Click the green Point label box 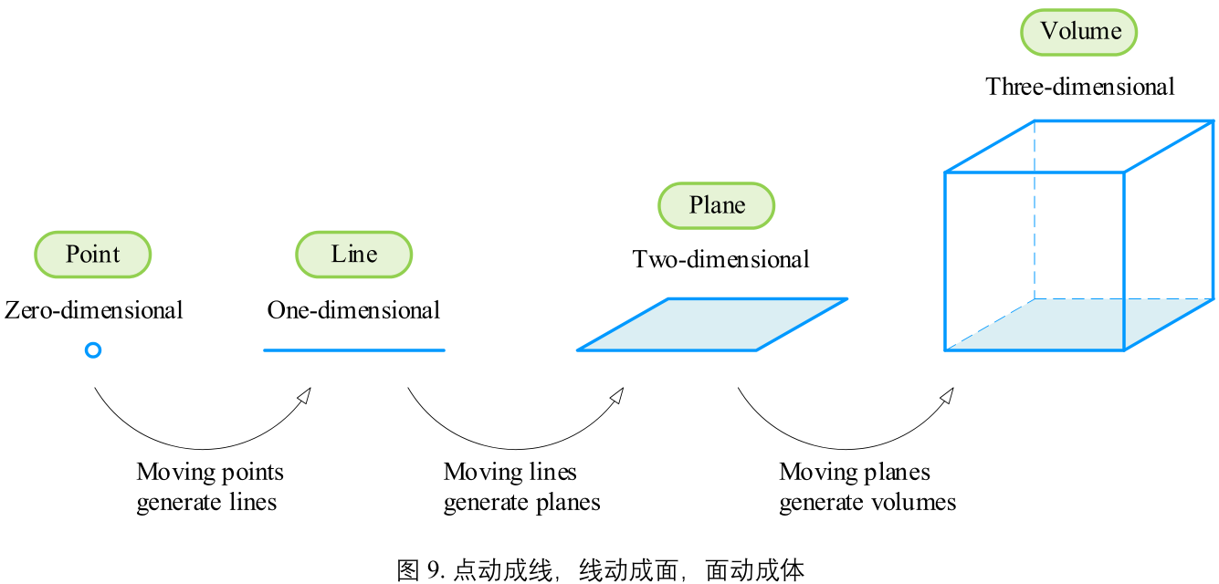click(x=92, y=254)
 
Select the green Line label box click(x=353, y=254)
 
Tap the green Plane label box click(x=717, y=205)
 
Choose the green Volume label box click(x=1078, y=32)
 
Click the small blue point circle click(x=92, y=349)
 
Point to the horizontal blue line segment click(x=353, y=349)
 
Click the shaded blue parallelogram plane click(x=712, y=324)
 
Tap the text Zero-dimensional click(x=94, y=310)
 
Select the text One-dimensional click(x=353, y=310)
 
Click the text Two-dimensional click(x=720, y=260)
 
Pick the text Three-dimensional click(x=1079, y=87)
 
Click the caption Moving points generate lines click(x=209, y=486)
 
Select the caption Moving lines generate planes click(x=521, y=486)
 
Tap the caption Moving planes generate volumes click(x=867, y=486)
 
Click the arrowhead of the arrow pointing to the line click(x=305, y=394)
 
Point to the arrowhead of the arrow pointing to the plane click(x=617, y=394)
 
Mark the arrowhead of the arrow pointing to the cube click(x=948, y=394)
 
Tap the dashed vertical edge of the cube click(x=1035, y=210)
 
